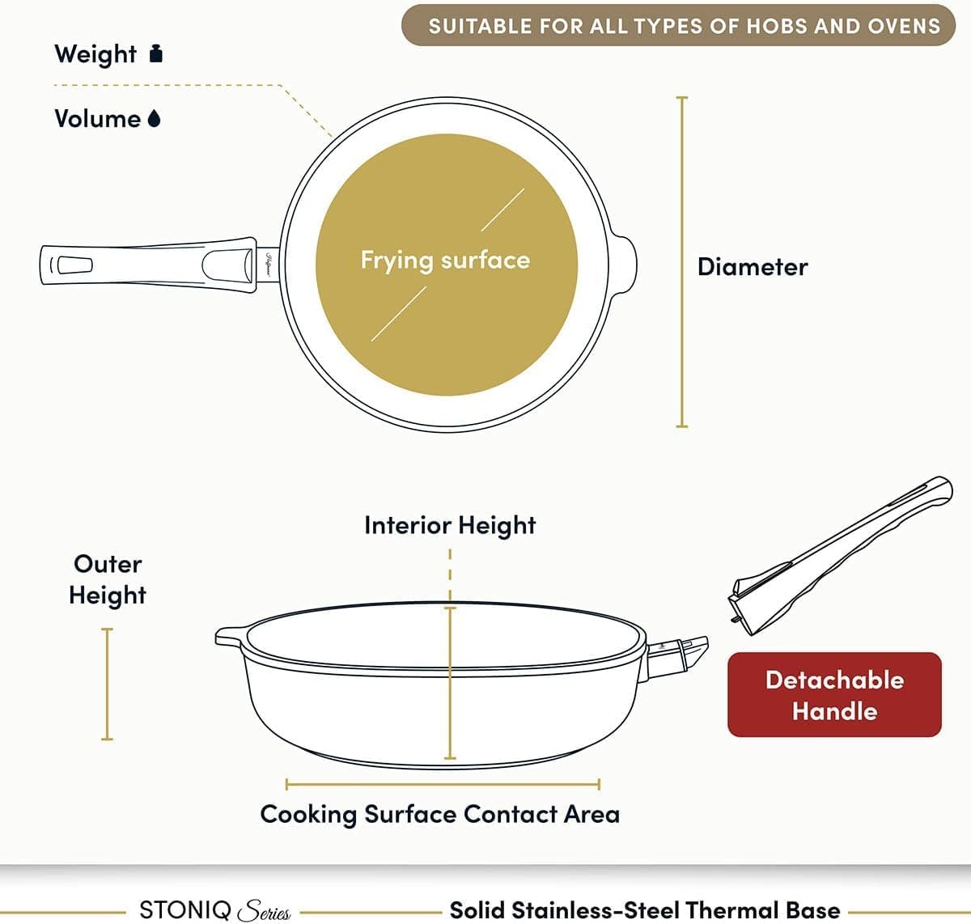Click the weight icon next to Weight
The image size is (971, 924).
click(x=156, y=53)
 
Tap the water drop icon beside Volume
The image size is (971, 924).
click(x=155, y=118)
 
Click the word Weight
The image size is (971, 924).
click(x=95, y=54)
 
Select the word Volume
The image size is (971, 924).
click(x=98, y=119)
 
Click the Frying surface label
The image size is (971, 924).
click(x=446, y=261)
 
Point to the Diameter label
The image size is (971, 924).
click(x=753, y=267)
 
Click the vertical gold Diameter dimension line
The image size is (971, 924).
click(x=682, y=261)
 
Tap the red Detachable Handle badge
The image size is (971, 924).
click(x=835, y=695)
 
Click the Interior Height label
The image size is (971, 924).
click(x=450, y=525)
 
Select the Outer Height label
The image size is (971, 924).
click(x=108, y=579)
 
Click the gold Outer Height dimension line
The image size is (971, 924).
click(x=107, y=684)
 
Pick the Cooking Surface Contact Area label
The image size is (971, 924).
click(x=440, y=814)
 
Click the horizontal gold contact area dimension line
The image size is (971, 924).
click(x=443, y=784)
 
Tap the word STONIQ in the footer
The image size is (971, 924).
click(x=185, y=909)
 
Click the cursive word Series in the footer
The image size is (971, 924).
click(x=265, y=910)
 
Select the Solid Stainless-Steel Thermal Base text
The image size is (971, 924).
click(x=645, y=909)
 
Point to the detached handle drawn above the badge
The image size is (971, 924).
click(x=841, y=555)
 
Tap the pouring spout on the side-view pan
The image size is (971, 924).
click(x=230, y=637)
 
